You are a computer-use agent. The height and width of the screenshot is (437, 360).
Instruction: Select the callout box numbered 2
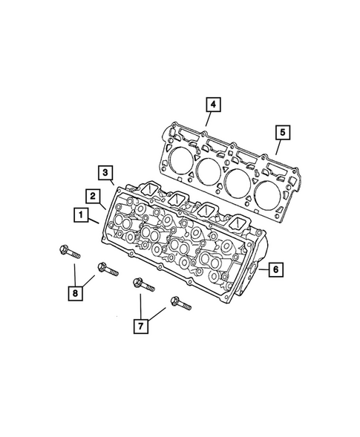click(92, 196)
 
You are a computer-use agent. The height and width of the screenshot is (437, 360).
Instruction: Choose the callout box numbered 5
click(282, 133)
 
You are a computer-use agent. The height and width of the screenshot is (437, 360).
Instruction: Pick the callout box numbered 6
click(274, 269)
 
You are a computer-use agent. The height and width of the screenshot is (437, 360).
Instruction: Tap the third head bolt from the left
click(143, 284)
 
